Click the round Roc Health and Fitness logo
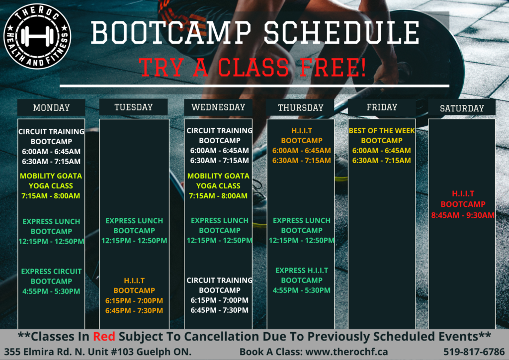(37, 36)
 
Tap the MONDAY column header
(51, 107)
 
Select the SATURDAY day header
(462, 108)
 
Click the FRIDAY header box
(382, 107)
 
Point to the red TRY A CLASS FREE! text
(253, 68)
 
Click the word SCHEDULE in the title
(341, 32)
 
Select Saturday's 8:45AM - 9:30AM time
(463, 215)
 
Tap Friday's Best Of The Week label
(382, 130)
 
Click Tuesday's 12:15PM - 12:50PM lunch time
(134, 241)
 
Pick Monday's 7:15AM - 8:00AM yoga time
(51, 196)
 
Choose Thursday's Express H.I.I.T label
(302, 270)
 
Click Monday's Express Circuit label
(51, 271)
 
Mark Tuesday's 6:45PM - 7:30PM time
(134, 311)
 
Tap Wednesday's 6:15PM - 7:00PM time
(219, 300)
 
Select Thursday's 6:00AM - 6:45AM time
(302, 150)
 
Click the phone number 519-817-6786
(474, 352)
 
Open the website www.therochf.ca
(346, 352)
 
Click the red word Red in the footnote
(104, 337)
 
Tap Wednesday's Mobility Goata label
(219, 176)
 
